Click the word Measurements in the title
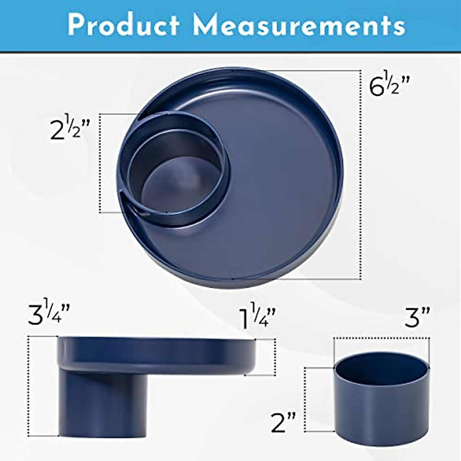pyautogui.click(x=299, y=25)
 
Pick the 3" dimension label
pyautogui.click(x=417, y=317)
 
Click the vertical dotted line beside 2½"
pyautogui.click(x=100, y=163)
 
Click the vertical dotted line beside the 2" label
pyautogui.click(x=305, y=400)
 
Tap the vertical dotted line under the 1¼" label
pyautogui.click(x=275, y=357)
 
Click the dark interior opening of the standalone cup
pyautogui.click(x=380, y=369)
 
